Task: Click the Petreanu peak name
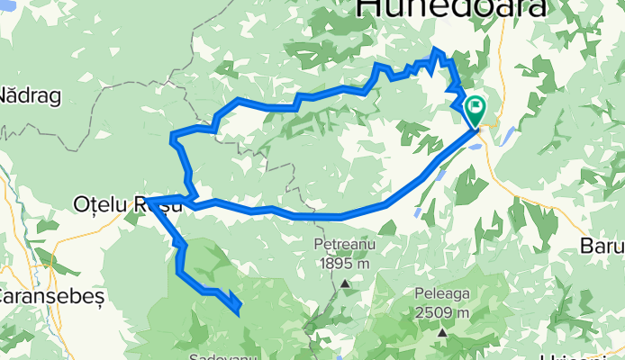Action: [x=342, y=244]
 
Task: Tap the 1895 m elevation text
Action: [x=343, y=264]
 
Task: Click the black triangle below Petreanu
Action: [x=346, y=283]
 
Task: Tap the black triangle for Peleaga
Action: [x=443, y=333]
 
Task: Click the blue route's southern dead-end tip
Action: [x=238, y=312]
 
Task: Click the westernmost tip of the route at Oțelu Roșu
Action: [x=146, y=200]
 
